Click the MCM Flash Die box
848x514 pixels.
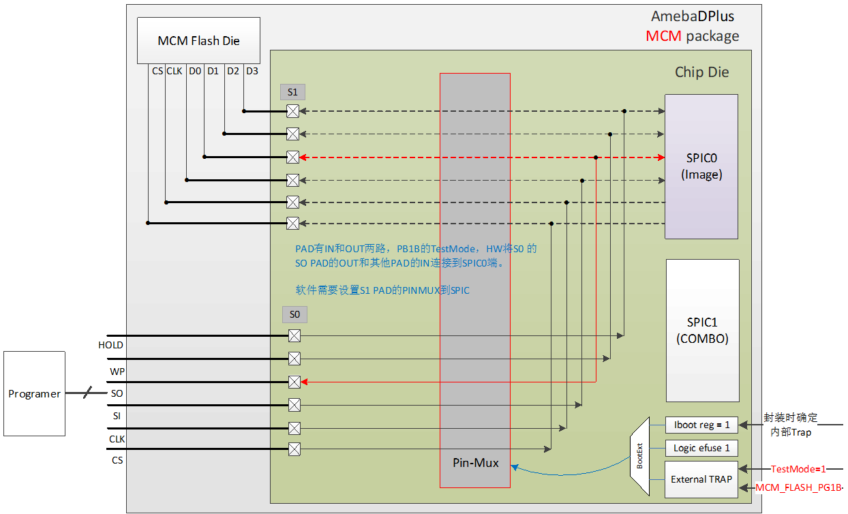pyautogui.click(x=198, y=41)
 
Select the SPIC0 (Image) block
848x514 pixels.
pyautogui.click(x=701, y=166)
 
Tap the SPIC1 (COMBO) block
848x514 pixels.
pyautogui.click(x=702, y=330)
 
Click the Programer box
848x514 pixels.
pyautogui.click(x=34, y=393)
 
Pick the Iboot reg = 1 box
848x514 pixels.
pyautogui.click(x=701, y=425)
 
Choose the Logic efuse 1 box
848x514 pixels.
pyautogui.click(x=701, y=448)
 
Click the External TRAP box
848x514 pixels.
pyautogui.click(x=701, y=479)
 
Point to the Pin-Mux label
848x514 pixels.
pyautogui.click(x=476, y=463)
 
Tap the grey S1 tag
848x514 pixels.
pyautogui.click(x=293, y=91)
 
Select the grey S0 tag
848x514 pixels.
pyautogui.click(x=294, y=314)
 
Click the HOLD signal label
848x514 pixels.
pyautogui.click(x=110, y=345)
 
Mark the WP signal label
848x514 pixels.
pyautogui.click(x=117, y=372)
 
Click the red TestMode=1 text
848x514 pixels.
pyautogui.click(x=798, y=469)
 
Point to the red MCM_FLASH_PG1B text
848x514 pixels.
pyautogui.click(x=798, y=488)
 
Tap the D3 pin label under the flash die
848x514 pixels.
pyautogui.click(x=252, y=70)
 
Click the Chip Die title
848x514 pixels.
pyautogui.click(x=701, y=72)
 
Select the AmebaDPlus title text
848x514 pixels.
pyautogui.click(x=693, y=16)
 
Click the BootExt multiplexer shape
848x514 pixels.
pyautogui.click(x=639, y=457)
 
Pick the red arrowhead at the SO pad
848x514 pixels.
pyautogui.click(x=305, y=382)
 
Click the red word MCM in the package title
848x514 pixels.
pyautogui.click(x=663, y=36)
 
